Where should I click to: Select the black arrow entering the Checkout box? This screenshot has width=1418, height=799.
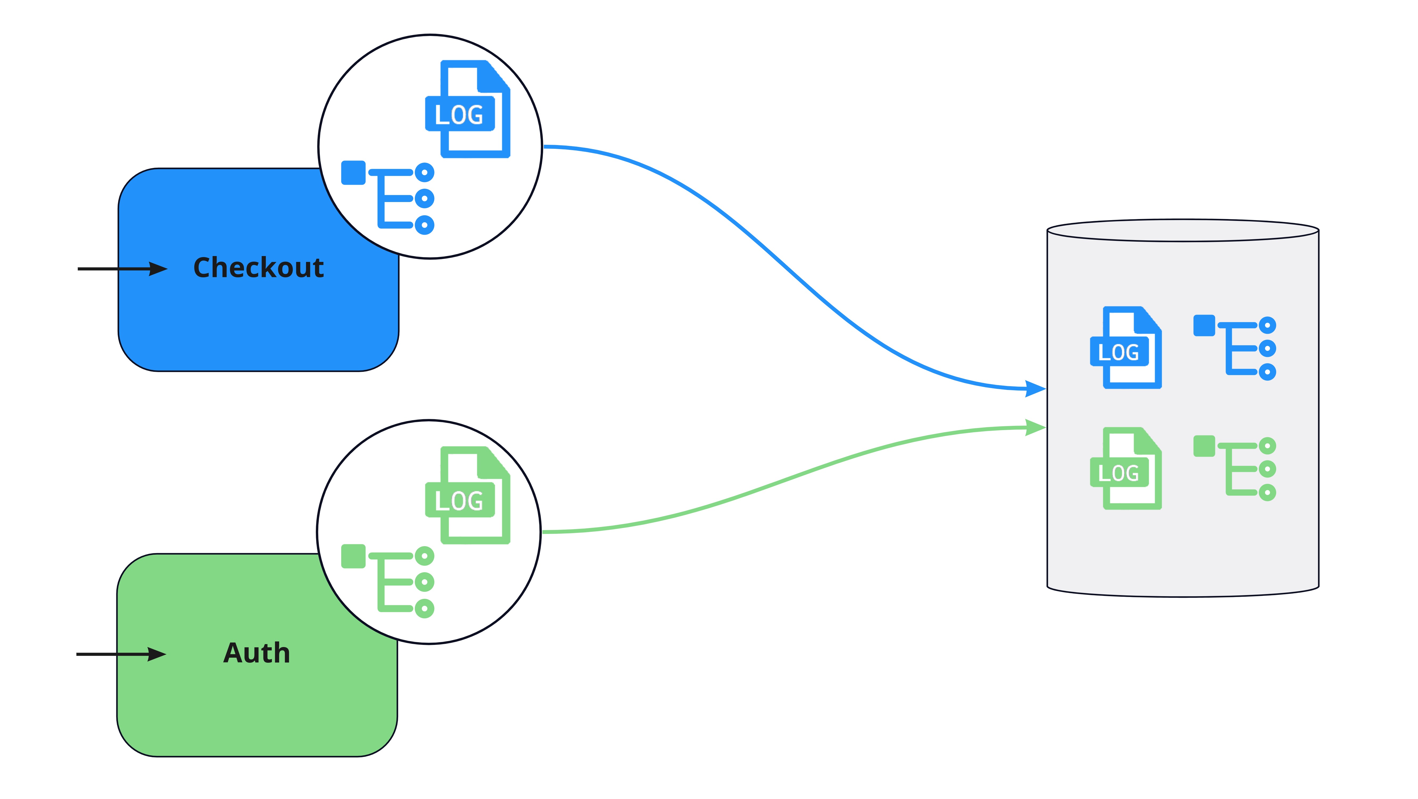(x=122, y=269)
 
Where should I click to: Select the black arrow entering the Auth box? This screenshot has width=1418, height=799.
(x=121, y=654)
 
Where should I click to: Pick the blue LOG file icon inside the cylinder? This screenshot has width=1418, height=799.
(x=1126, y=347)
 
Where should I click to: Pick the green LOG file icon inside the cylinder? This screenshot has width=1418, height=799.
(x=1126, y=468)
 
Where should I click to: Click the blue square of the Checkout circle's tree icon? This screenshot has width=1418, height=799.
(x=353, y=173)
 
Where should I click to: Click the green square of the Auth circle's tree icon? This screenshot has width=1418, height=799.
(x=353, y=556)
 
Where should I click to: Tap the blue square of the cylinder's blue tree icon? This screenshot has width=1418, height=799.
(x=1204, y=326)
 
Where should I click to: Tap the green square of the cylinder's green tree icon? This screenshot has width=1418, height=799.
(x=1204, y=446)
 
